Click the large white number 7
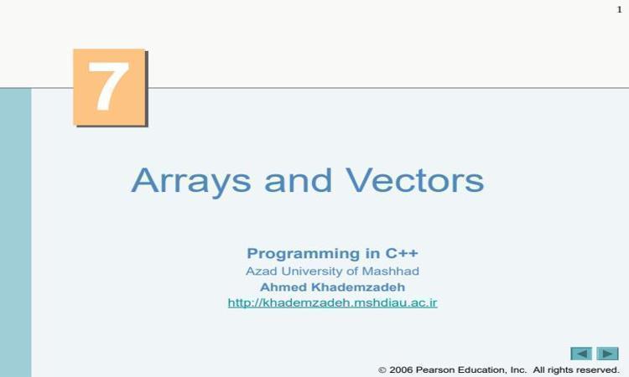pos(108,86)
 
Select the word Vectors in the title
pos(415,180)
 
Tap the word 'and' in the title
pos(298,180)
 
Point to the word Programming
pos(304,254)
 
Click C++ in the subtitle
pos(402,253)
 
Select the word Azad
pos(262,271)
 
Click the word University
pos(312,271)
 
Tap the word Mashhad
pos(390,271)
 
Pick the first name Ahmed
pos(284,287)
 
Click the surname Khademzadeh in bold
pos(358,287)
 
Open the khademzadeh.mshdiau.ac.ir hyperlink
pos(333,302)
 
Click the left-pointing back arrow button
pos(581,354)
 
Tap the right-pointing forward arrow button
pos(608,354)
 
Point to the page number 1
pos(620,9)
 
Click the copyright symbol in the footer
pos(382,369)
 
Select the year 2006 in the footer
pos(401,369)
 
